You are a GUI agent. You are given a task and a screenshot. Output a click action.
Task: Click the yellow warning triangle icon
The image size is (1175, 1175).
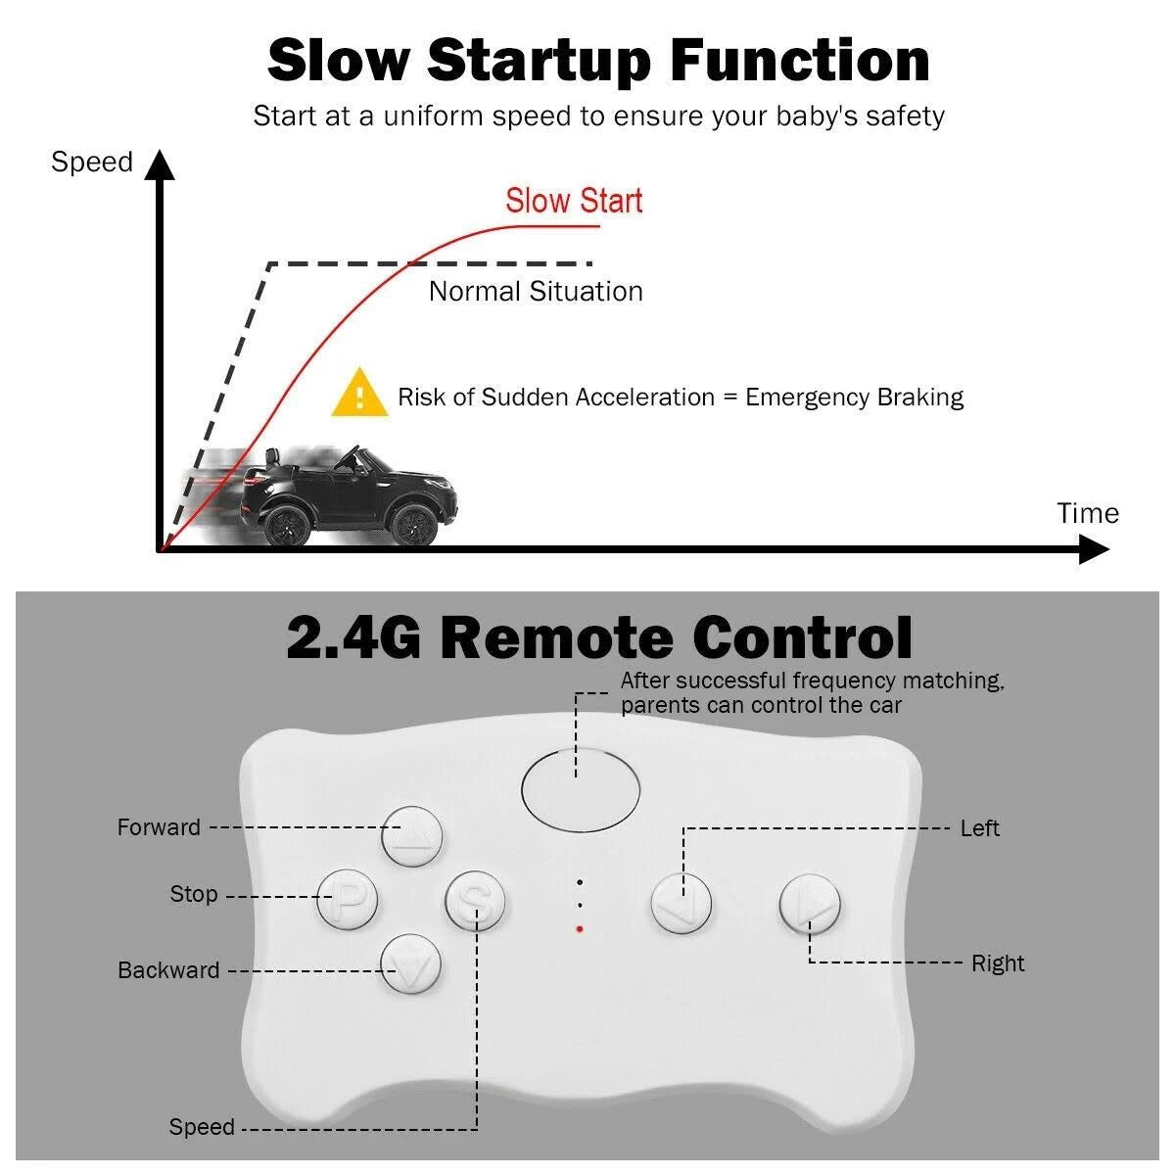(359, 394)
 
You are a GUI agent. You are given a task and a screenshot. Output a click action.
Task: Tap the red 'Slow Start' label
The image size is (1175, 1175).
(574, 201)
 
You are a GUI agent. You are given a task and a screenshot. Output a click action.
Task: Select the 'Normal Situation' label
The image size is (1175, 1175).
(536, 292)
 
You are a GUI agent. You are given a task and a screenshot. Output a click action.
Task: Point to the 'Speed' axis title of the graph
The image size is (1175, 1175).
(91, 163)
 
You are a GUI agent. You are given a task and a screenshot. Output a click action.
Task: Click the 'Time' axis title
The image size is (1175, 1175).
(1088, 513)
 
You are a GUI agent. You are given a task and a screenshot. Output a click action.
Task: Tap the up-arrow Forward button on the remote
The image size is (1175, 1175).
(411, 836)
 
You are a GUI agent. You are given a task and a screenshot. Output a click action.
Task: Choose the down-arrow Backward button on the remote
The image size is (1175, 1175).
(411, 964)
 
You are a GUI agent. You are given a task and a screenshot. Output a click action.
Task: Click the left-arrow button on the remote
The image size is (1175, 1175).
(681, 905)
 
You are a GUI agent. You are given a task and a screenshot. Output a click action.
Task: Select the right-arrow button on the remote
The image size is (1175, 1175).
(810, 905)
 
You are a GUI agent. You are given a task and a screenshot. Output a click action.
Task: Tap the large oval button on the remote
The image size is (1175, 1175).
(581, 789)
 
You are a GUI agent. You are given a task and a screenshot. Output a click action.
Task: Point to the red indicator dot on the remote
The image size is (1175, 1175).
(580, 929)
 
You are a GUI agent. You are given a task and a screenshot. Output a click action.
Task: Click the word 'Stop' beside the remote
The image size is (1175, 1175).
(194, 894)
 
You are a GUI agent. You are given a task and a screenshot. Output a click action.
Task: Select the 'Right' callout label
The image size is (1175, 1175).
(998, 963)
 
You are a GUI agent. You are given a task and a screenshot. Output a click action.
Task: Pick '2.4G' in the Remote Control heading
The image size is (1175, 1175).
(353, 636)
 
